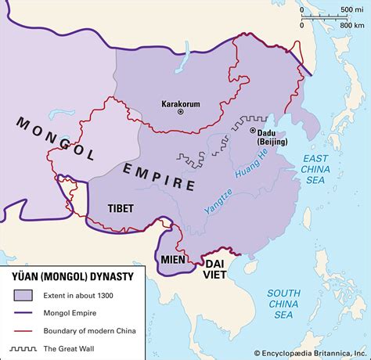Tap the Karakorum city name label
pos(180,102)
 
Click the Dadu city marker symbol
pos(254,131)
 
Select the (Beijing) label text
pos(269,141)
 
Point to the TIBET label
pos(121,208)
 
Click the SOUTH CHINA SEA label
pos(287,301)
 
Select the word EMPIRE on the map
pos(158,177)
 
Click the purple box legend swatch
pos(22,295)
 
